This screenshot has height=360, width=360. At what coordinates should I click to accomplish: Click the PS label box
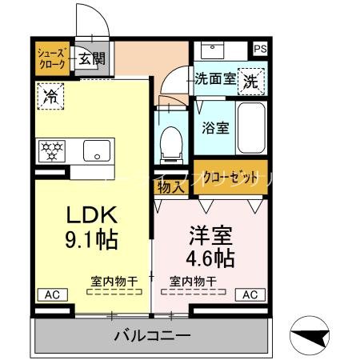point(261,49)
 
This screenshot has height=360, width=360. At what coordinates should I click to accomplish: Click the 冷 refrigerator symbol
point(50,97)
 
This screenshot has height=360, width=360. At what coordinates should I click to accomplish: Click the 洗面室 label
point(216,79)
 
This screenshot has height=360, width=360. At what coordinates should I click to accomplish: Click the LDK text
point(91,215)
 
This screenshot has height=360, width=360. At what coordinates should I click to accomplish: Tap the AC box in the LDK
point(52,294)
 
